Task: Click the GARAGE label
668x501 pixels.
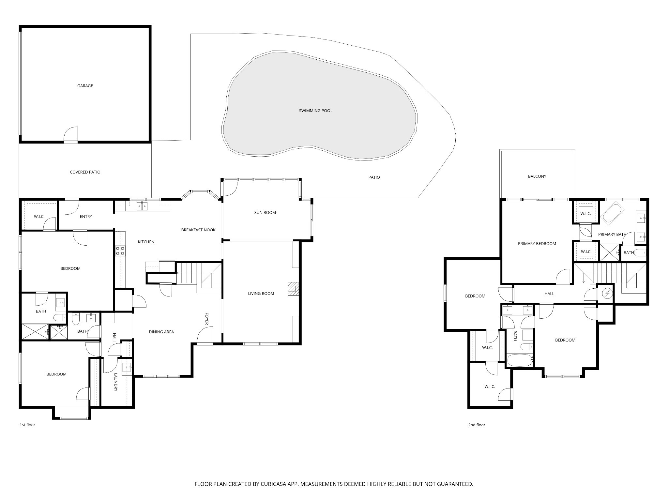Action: (85, 86)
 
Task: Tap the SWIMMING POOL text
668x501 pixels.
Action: (315, 111)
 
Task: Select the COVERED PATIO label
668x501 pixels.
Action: (85, 172)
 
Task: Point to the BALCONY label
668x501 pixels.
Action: (537, 176)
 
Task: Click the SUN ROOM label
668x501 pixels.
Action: (265, 212)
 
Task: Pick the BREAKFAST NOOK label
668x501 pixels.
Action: (198, 230)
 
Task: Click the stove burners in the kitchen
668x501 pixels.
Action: (120, 250)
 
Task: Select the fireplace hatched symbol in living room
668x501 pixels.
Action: (293, 288)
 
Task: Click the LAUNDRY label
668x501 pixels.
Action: (116, 382)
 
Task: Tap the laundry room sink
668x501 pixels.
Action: (127, 368)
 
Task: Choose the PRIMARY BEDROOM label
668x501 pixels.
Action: (537, 243)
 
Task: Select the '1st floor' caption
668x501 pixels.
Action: (27, 425)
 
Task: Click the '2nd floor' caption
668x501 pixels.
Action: (477, 425)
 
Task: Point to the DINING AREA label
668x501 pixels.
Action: (161, 332)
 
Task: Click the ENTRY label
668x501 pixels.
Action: (86, 216)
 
